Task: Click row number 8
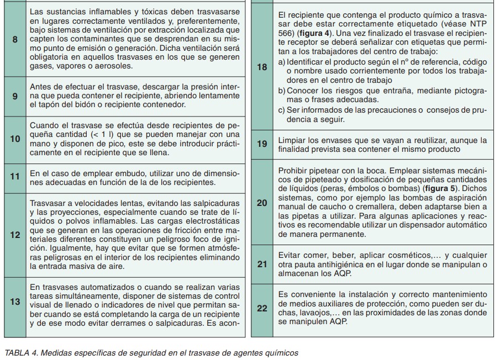pyautogui.click(x=15, y=41)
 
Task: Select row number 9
pyautogui.click(x=15, y=96)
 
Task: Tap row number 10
pyautogui.click(x=15, y=139)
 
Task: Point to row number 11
pyautogui.click(x=15, y=177)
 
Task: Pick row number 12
pyautogui.click(x=15, y=235)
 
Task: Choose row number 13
pyautogui.click(x=15, y=303)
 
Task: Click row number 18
pyautogui.click(x=262, y=68)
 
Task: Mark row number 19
pyautogui.click(x=262, y=144)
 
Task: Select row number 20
pyautogui.click(x=262, y=203)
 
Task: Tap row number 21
pyautogui.click(x=262, y=264)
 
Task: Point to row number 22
pyautogui.click(x=262, y=308)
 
